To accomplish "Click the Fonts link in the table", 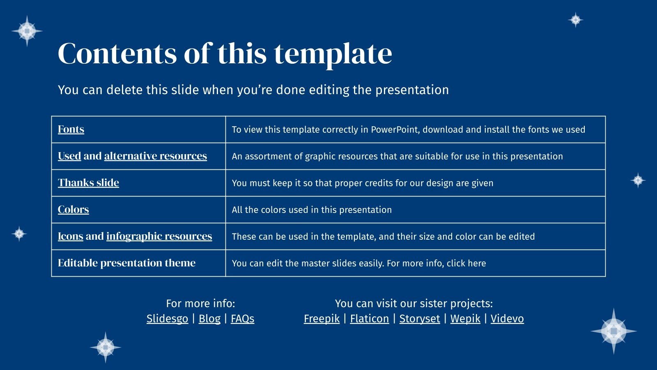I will point(71,129).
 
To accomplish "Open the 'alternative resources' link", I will point(155,156).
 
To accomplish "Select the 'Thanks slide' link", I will point(88,183).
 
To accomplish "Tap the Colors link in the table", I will point(73,209).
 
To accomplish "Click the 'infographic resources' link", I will point(159,236).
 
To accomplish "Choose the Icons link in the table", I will point(70,236).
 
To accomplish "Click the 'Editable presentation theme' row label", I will point(126,263).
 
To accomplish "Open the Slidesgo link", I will point(167,319).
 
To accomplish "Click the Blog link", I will point(209,319).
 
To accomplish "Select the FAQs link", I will point(242,319).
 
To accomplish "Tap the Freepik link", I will point(322,319).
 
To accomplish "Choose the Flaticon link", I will point(369,319).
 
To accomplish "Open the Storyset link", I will point(419,319).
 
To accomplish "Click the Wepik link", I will point(465,319).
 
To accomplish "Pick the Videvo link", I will point(507,319).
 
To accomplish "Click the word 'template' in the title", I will point(333,54).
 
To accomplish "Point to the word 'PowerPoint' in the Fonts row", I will point(395,129).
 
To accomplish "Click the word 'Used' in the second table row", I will point(69,156).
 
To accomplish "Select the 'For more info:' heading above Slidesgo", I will point(200,303).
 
